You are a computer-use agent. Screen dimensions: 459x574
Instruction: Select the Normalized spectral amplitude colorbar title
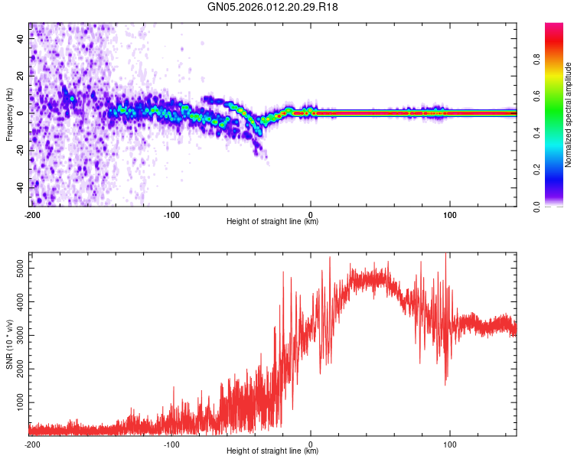point(569,115)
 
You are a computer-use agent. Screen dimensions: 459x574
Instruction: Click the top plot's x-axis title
point(272,221)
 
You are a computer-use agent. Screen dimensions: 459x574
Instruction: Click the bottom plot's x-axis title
point(272,451)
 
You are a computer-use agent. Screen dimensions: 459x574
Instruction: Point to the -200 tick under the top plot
point(31,213)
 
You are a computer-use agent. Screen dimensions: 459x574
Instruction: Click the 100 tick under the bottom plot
point(450,443)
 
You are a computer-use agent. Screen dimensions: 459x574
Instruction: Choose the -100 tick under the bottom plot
point(171,443)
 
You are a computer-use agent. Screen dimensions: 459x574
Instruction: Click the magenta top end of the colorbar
point(554,27)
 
